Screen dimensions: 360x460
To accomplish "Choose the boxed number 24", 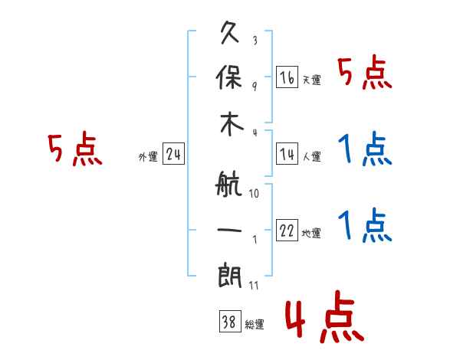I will (x=173, y=155).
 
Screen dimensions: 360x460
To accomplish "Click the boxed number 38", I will (x=228, y=323).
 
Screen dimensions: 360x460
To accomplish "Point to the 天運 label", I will (x=311, y=80).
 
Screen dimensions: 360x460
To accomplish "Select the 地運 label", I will (x=311, y=234).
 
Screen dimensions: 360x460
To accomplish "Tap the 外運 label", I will (x=148, y=157).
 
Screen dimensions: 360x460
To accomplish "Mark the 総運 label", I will (x=254, y=325).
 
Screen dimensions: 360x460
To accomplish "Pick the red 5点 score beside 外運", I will (x=74, y=149).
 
